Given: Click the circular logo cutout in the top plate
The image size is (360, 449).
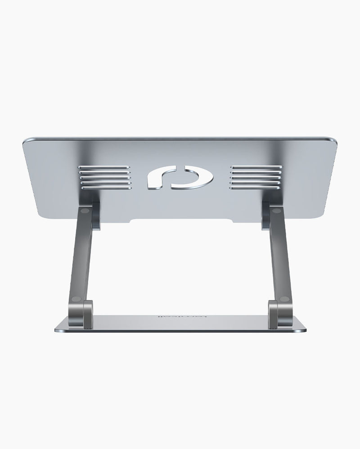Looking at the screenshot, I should [x=180, y=177].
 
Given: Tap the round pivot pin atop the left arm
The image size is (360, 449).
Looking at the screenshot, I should [x=85, y=210].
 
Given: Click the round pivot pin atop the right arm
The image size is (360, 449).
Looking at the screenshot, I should [x=275, y=210].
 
